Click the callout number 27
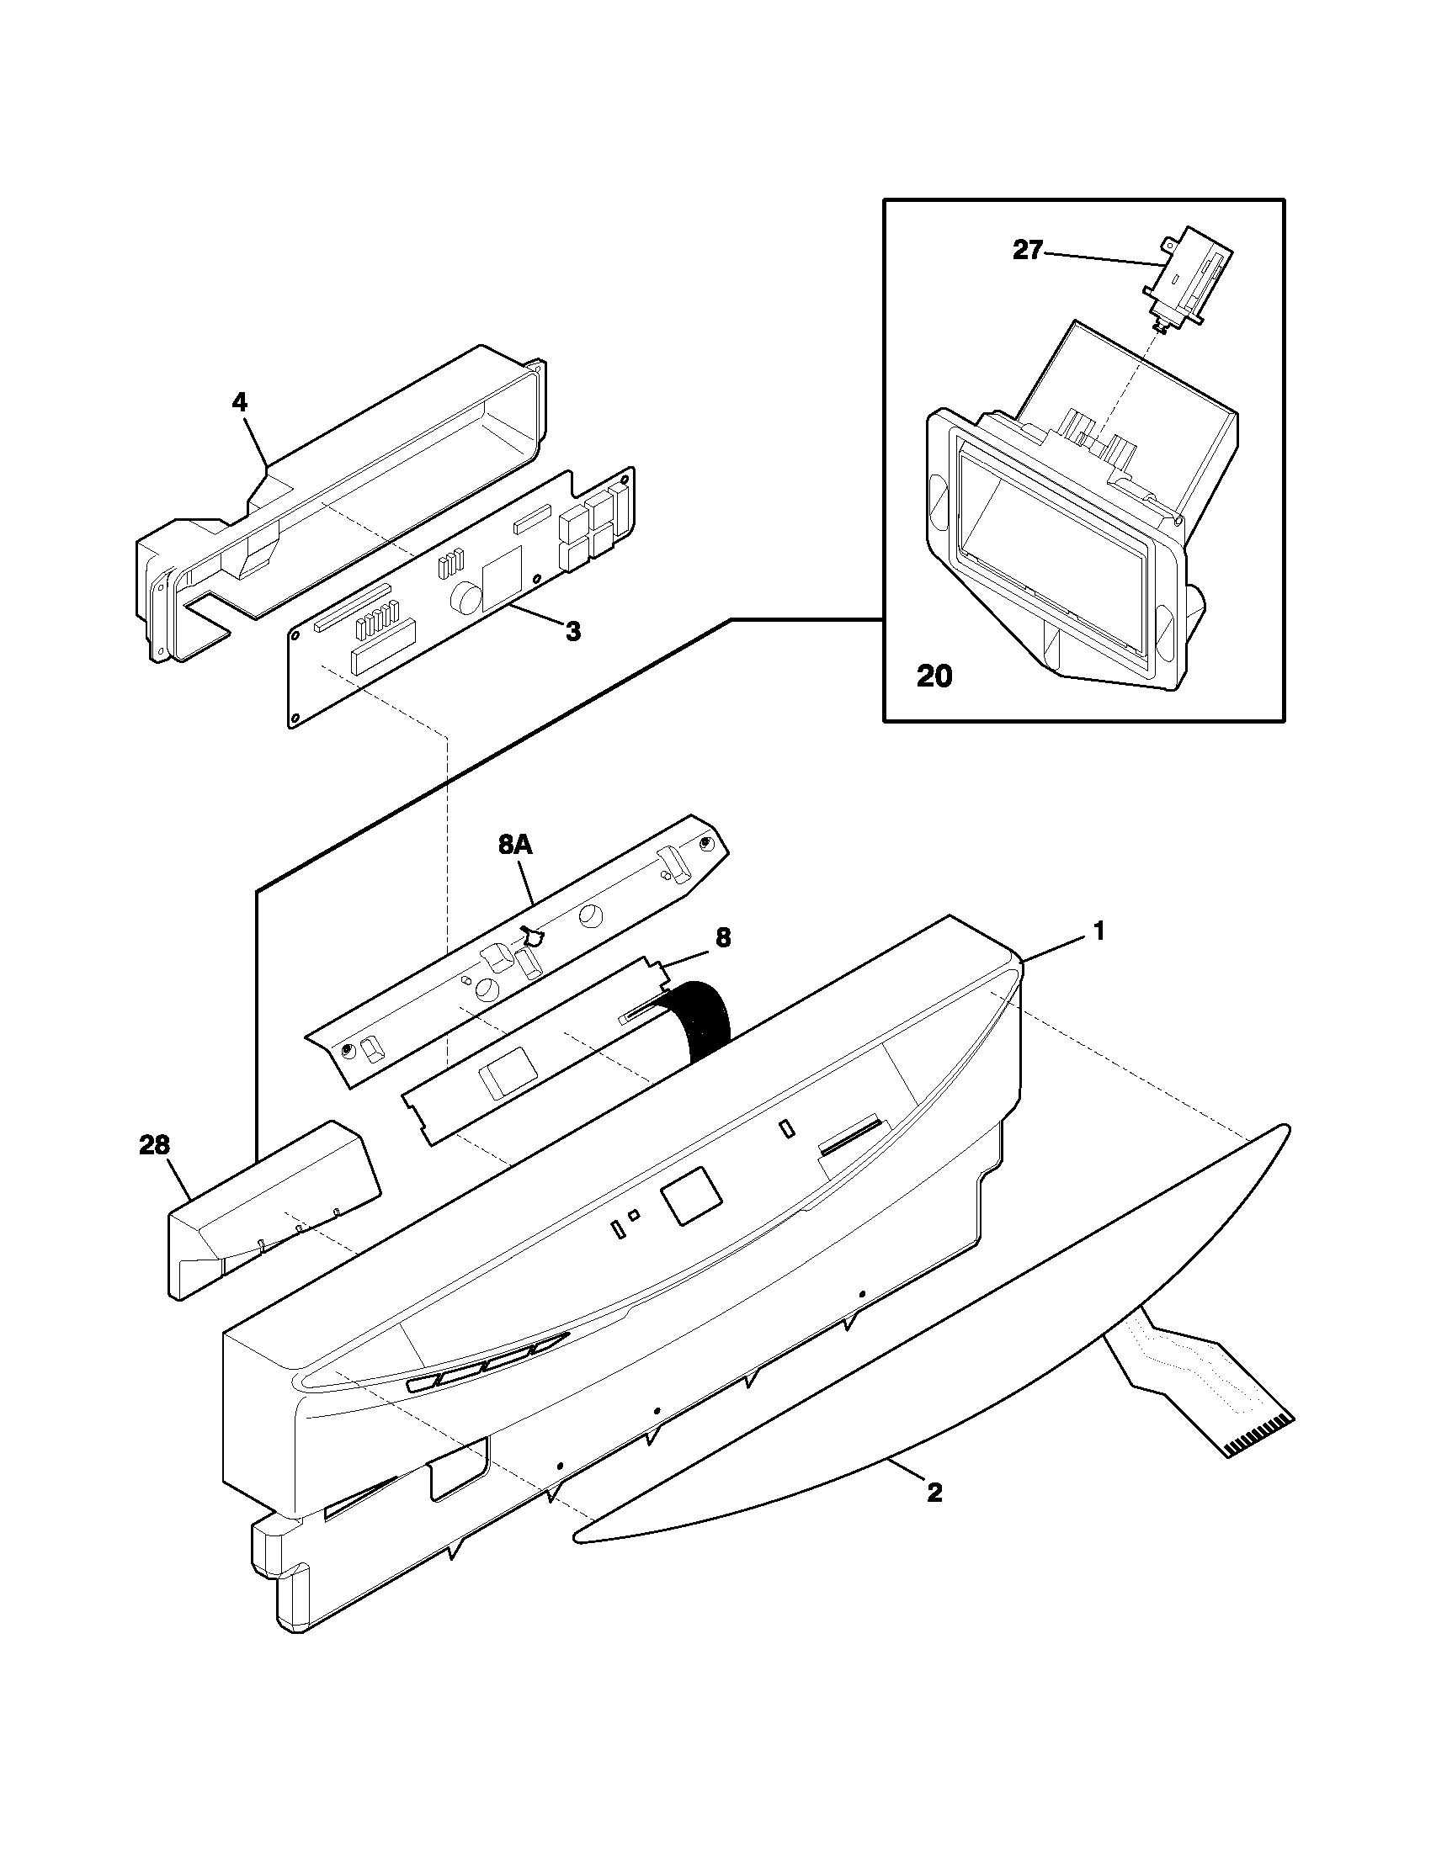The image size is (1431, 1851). (x=1027, y=251)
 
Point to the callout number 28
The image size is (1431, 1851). (x=154, y=1145)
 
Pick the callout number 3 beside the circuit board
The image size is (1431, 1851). (x=573, y=630)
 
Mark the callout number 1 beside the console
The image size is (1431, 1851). (x=1098, y=931)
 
